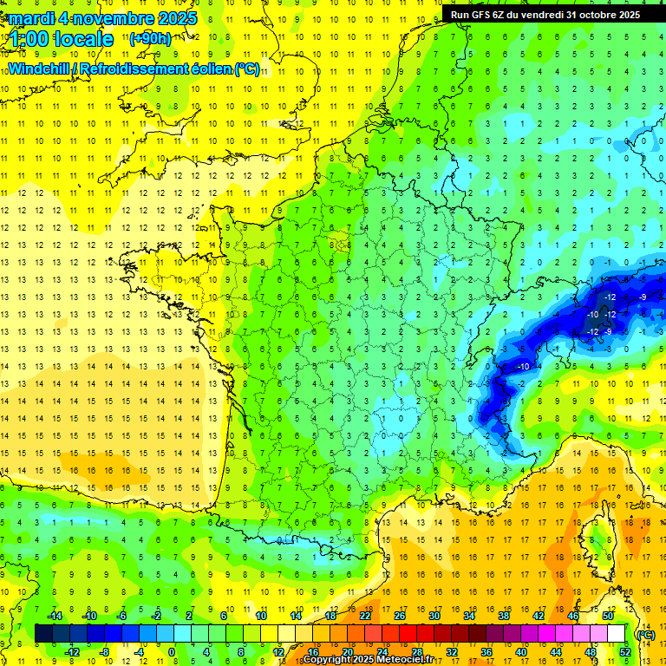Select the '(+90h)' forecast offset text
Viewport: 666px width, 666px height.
coord(150,39)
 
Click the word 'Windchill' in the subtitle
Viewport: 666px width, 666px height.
coord(39,69)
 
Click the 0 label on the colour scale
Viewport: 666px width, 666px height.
coord(171,652)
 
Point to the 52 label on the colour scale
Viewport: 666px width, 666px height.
coord(624,652)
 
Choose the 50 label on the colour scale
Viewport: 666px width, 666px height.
coord(608,616)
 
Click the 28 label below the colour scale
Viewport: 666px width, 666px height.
coord(417,652)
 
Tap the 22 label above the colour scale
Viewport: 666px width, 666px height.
coord(365,616)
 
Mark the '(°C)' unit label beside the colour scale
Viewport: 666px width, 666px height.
coord(645,634)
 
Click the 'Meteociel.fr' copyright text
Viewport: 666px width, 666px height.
coord(405,660)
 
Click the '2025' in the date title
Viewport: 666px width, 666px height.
coord(174,17)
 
